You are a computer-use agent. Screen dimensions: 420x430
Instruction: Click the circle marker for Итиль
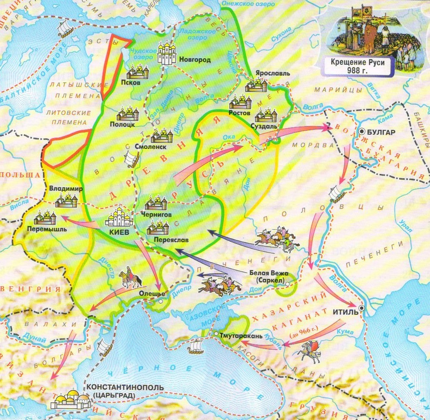[x=361, y=307]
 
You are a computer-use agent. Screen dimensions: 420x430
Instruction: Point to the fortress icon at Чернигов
[x=156, y=203]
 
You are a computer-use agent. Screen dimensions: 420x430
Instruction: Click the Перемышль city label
[x=47, y=229]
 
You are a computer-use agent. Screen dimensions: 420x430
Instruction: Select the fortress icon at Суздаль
[x=266, y=115]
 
